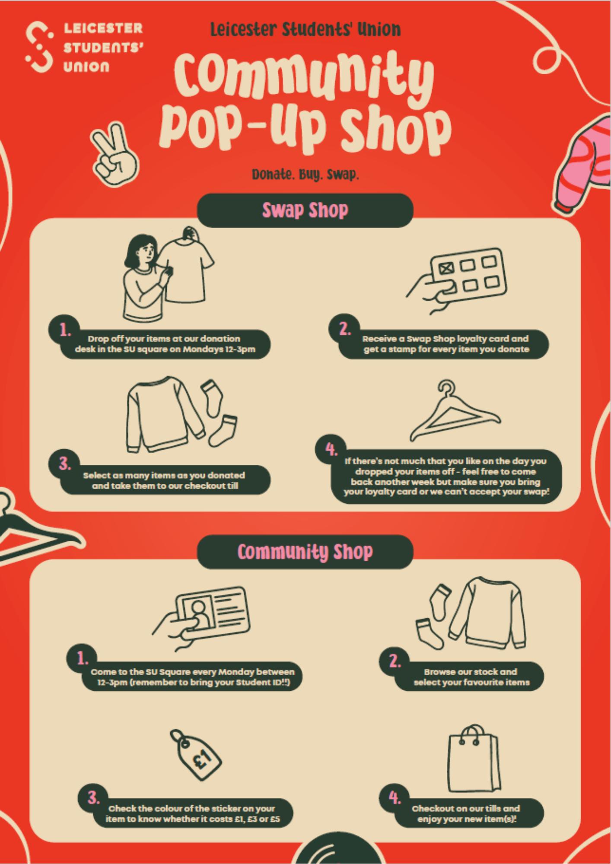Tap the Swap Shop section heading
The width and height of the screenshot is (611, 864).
305,210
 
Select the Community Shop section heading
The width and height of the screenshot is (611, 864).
305,552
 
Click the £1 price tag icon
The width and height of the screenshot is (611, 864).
196,755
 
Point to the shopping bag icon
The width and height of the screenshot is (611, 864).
474,759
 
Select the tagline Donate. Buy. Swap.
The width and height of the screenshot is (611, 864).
305,175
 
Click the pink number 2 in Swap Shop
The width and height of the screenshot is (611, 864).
344,330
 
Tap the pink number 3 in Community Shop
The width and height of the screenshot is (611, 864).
93,798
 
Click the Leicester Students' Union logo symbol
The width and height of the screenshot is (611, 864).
39,47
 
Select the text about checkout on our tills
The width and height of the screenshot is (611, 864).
466,813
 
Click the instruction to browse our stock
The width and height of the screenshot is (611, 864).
471,677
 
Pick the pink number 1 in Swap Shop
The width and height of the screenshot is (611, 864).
65,330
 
